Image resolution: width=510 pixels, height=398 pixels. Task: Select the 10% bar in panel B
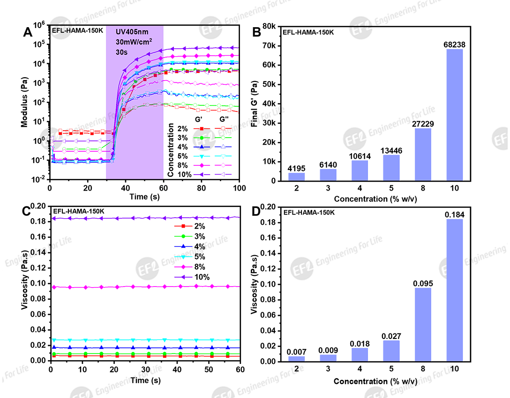pyautogui.click(x=455, y=115)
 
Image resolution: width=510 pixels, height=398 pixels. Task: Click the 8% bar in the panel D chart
pyautogui.click(x=423, y=324)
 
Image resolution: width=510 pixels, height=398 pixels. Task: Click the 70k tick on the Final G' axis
pyautogui.click(x=269, y=46)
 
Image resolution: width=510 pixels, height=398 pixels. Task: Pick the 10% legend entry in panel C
pyautogui.click(x=194, y=277)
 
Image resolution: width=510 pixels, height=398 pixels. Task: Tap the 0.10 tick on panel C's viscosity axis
pyautogui.click(x=38, y=284)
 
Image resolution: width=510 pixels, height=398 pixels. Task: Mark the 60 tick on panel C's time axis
pyautogui.click(x=240, y=369)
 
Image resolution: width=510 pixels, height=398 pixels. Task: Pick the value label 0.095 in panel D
pyautogui.click(x=423, y=283)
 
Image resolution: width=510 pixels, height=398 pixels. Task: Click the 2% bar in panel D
pyautogui.click(x=296, y=359)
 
